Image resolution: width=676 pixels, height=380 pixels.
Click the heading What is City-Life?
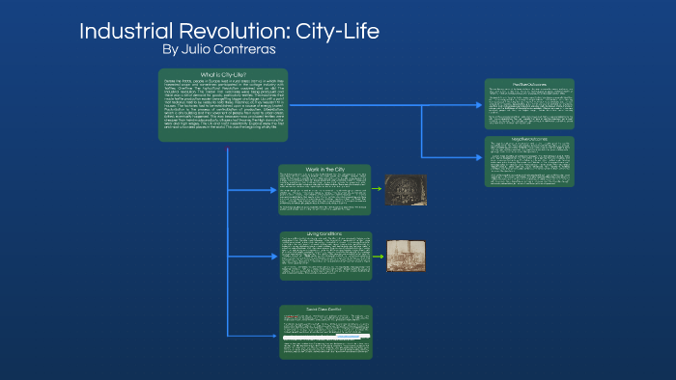click(224, 75)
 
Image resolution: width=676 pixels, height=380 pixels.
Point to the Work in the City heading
click(324, 170)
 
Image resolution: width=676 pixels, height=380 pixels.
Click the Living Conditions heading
click(324, 234)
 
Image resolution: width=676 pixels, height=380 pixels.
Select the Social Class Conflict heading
click(324, 311)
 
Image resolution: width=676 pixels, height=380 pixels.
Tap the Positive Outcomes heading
click(529, 84)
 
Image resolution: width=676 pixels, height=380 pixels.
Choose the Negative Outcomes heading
click(529, 141)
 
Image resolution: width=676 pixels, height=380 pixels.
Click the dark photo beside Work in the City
click(405, 190)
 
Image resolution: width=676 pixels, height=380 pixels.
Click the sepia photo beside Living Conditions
click(406, 256)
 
